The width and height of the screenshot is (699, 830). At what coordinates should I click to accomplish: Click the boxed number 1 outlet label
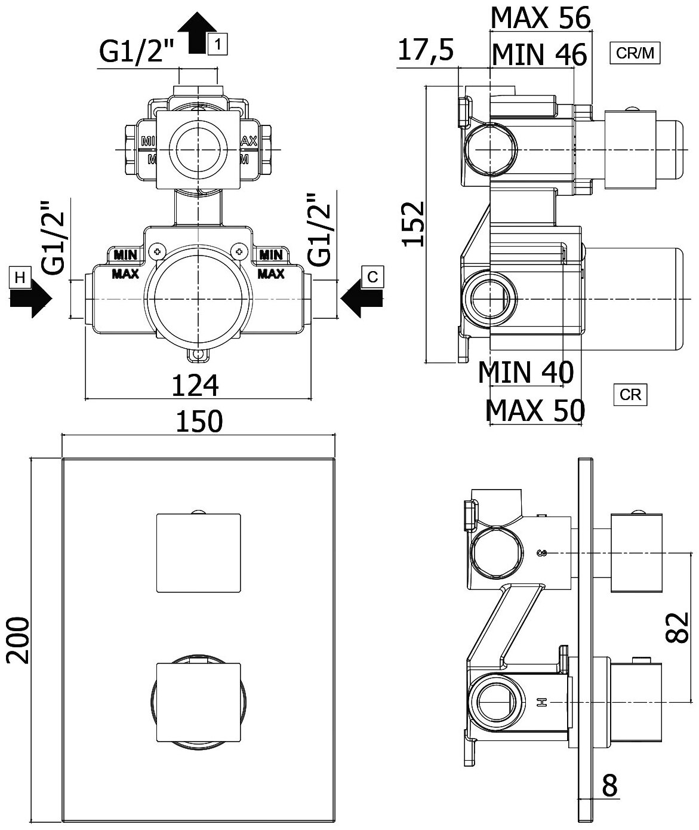(218, 44)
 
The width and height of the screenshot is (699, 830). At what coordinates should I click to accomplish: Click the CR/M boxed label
(635, 54)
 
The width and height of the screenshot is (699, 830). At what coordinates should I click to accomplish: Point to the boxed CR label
(630, 395)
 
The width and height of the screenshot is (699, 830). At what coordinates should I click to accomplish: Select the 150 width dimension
(199, 422)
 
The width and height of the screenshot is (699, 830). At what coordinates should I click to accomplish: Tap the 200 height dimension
(18, 640)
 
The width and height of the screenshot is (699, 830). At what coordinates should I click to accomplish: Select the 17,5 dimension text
(425, 51)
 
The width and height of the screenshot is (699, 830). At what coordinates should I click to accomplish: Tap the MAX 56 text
(540, 18)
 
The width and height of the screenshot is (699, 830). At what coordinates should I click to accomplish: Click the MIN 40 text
(525, 373)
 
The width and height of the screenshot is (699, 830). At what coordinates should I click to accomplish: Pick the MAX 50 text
(535, 410)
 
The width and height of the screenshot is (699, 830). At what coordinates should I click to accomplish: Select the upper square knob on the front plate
(199, 553)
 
